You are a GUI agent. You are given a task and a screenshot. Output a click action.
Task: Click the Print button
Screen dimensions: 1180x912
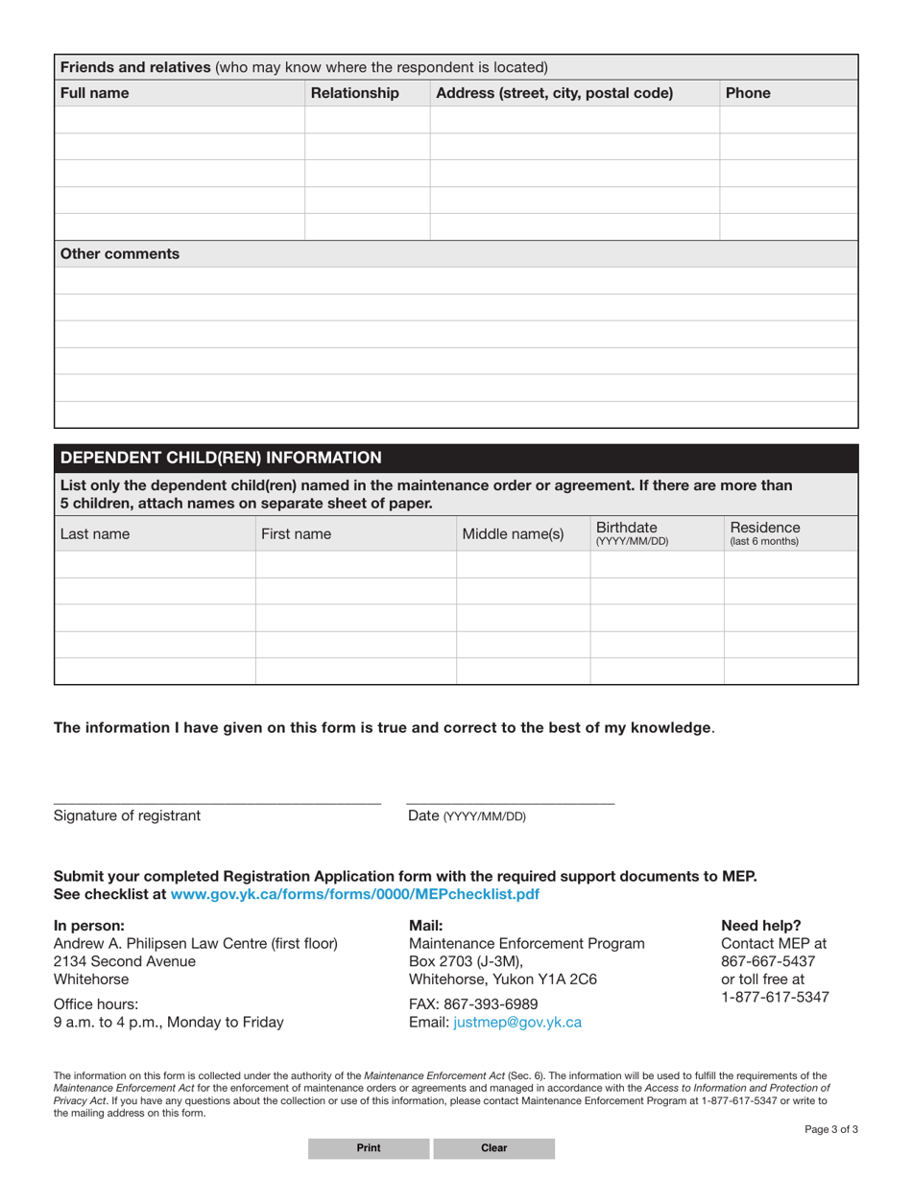(369, 1147)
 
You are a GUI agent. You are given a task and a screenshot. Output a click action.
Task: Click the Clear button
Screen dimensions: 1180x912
(493, 1147)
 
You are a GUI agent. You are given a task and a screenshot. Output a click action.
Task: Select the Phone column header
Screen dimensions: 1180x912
(749, 93)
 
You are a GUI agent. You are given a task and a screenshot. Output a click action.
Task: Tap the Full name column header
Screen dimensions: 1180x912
(95, 93)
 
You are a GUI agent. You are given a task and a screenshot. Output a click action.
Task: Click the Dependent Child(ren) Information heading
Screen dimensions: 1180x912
(221, 457)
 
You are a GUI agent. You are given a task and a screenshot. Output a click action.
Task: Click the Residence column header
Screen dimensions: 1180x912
(765, 533)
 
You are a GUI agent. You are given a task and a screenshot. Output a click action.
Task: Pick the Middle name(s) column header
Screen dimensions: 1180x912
(513, 534)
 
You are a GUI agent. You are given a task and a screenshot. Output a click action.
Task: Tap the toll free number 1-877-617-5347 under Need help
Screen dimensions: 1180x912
(775, 997)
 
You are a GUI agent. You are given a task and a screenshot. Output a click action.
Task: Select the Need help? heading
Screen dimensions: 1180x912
(760, 926)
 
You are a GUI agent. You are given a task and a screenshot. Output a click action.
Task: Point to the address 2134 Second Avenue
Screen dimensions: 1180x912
(125, 961)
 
